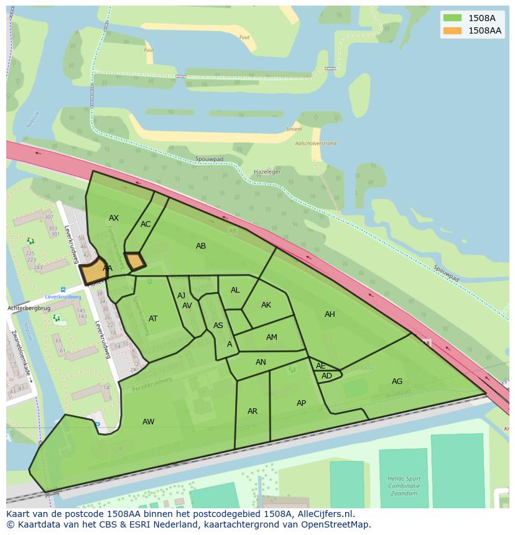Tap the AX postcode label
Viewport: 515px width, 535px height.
tap(114, 218)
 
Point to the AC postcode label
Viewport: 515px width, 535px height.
tap(146, 224)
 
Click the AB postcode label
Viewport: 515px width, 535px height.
tap(201, 246)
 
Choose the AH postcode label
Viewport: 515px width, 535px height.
tap(330, 314)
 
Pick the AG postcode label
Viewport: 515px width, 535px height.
tap(397, 382)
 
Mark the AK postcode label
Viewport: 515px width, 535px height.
tap(266, 305)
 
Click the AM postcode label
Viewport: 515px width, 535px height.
tap(272, 337)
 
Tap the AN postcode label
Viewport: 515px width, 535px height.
tap(261, 362)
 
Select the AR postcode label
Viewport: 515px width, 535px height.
tap(253, 411)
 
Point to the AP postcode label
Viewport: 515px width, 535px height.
tap(301, 403)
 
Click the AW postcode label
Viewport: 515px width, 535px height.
tap(148, 422)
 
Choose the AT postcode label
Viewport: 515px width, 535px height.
tap(153, 319)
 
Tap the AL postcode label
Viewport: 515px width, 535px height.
tap(235, 290)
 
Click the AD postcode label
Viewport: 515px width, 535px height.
tap(327, 376)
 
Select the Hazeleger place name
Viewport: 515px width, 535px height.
tap(267, 171)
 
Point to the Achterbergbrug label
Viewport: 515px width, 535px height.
tap(28, 308)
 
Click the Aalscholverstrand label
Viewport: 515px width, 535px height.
tap(316, 144)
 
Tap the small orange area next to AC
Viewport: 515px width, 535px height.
tap(135, 261)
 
